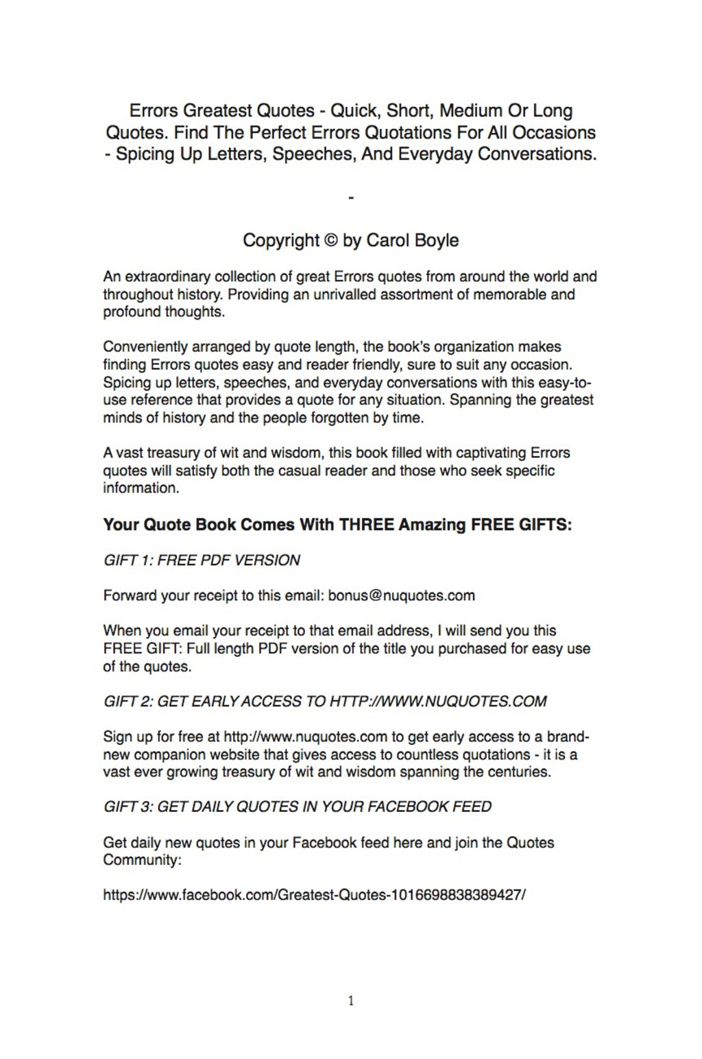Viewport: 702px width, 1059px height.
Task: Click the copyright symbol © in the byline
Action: point(330,241)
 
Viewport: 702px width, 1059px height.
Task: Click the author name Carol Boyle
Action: point(413,241)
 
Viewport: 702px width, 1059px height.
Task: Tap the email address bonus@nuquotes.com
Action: point(401,595)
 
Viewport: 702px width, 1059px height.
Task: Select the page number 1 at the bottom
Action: point(351,1001)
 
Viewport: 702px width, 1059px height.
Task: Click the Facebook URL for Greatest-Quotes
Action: point(314,895)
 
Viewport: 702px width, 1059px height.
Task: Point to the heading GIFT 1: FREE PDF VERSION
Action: point(202,560)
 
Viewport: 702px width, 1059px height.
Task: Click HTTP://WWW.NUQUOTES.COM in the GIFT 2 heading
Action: point(438,702)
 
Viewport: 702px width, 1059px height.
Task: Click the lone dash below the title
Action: point(351,198)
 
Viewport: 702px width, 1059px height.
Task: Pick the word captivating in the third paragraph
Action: point(491,453)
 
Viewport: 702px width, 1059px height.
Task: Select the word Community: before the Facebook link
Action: point(142,860)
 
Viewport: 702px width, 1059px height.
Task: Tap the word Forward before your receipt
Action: point(130,595)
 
